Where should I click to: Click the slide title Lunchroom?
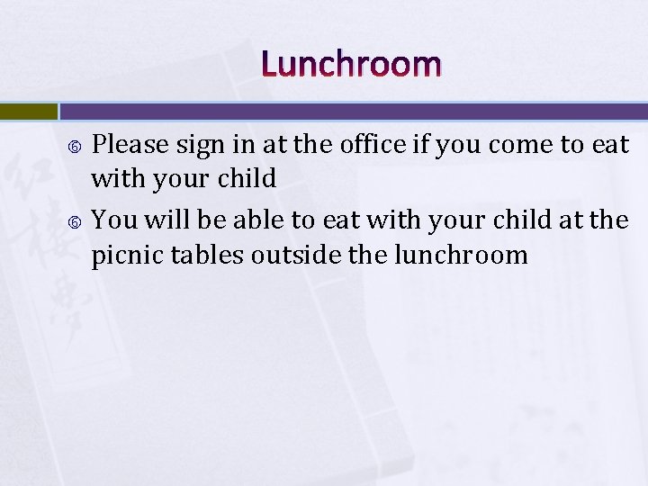pyautogui.click(x=352, y=65)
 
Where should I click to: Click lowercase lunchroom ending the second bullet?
pyautogui.click(x=461, y=255)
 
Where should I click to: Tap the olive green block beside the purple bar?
pyautogui.click(x=28, y=112)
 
